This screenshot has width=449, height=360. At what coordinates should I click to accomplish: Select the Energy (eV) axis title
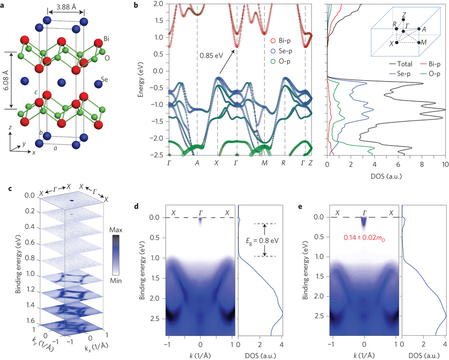click(140, 78)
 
